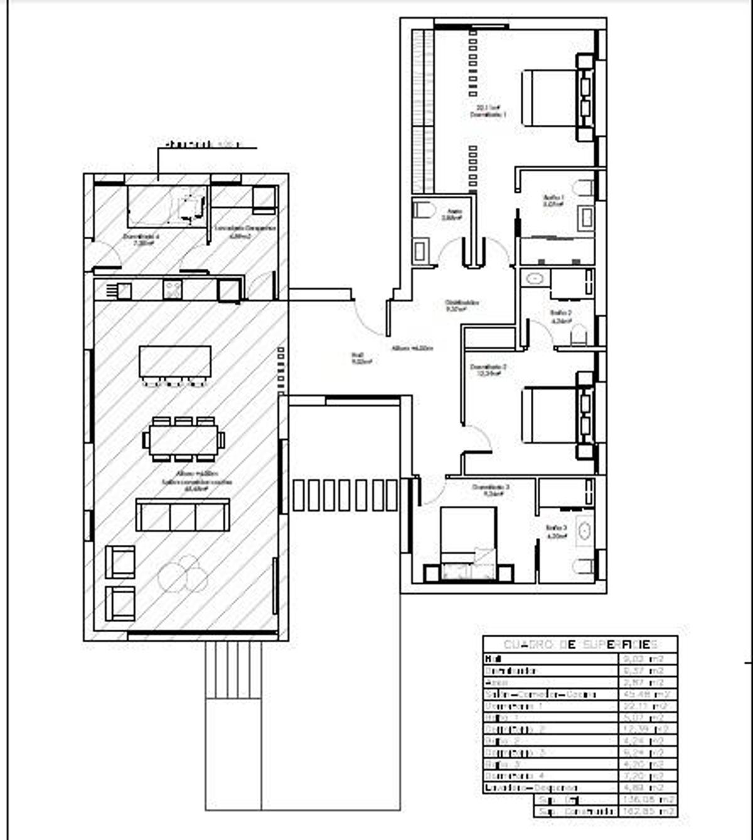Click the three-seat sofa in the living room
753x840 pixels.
coord(183,515)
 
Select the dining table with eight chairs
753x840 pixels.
coord(184,439)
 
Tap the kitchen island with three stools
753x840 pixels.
coord(175,363)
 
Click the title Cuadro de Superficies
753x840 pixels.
coord(580,645)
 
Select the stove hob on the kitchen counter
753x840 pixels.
coord(172,289)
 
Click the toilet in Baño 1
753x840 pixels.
coord(584,187)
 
